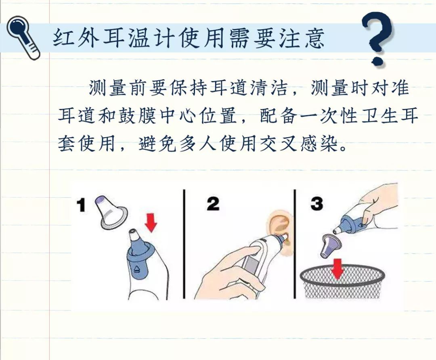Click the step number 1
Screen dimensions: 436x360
click(81, 205)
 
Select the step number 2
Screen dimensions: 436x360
click(213, 204)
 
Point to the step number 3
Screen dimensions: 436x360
click(317, 204)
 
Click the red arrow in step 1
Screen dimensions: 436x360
click(151, 222)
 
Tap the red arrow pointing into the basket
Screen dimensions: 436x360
click(337, 268)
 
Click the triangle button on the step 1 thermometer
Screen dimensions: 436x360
click(137, 268)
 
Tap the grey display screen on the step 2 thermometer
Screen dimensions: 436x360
click(251, 266)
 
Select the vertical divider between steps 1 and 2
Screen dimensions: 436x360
click(184, 244)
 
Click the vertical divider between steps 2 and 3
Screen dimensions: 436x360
click(295, 244)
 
